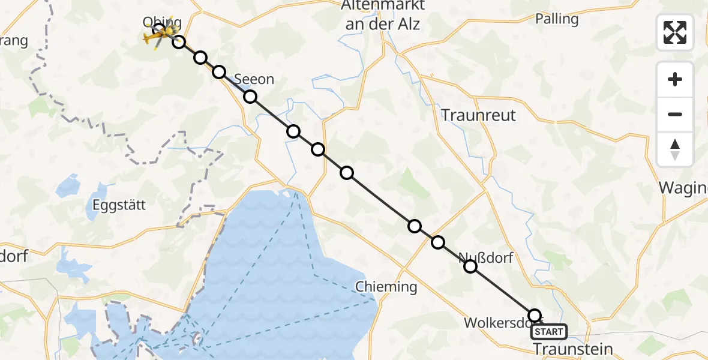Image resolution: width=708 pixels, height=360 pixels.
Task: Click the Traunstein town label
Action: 574,349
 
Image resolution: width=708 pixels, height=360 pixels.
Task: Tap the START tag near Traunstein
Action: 549,332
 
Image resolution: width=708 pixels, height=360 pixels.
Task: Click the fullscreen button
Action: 675,32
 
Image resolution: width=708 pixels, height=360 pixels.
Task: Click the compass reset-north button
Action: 675,149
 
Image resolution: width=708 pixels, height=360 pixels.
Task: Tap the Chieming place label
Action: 386,287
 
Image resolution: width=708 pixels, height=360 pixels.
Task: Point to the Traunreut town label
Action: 478,115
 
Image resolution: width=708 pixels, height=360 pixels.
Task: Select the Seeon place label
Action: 254,79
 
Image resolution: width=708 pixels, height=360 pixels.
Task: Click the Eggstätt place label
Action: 119,205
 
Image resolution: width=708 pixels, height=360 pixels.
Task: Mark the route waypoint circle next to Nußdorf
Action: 471,266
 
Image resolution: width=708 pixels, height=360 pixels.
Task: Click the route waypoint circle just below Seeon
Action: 250,97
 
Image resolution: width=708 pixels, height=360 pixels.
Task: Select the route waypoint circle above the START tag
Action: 535,316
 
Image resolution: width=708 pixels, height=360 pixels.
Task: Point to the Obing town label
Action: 161,23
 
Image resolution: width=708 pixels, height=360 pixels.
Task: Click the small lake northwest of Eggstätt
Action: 67,186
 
